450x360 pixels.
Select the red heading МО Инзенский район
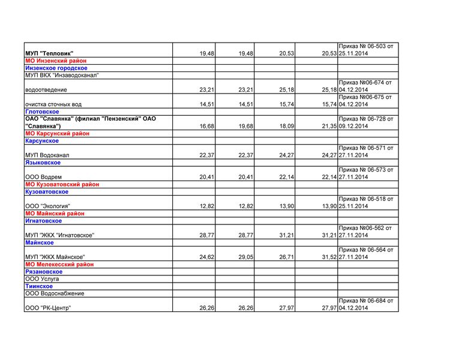tap(56, 61)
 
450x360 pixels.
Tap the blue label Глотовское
tap(42, 112)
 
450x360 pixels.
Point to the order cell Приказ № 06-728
tap(366, 122)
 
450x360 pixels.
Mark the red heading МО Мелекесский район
tap(59, 264)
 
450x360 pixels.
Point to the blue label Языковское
tap(43, 163)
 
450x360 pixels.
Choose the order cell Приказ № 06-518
tap(366, 202)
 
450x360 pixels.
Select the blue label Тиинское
tap(39, 286)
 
